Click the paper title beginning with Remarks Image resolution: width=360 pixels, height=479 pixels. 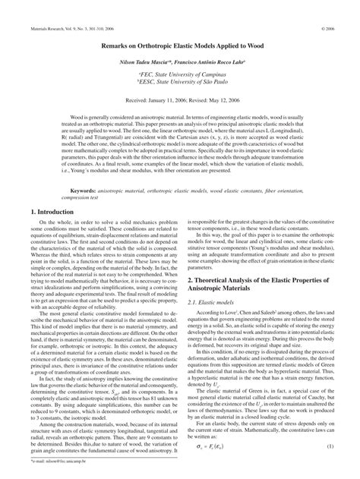pyautogui.click(x=179, y=46)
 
